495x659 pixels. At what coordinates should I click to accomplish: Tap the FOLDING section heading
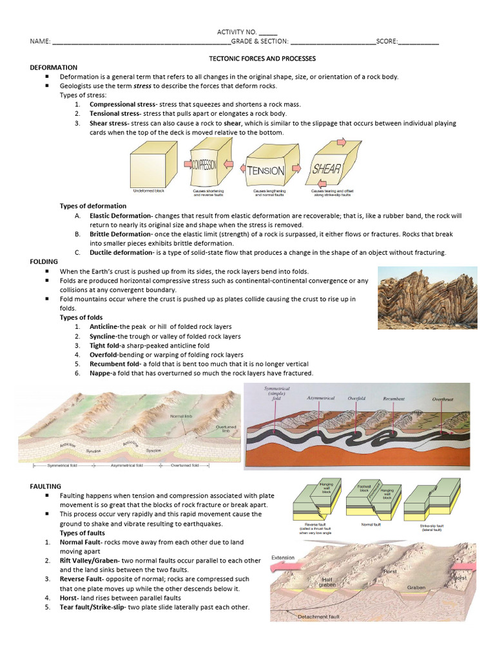tap(44, 262)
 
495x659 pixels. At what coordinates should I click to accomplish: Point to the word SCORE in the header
tap(387, 41)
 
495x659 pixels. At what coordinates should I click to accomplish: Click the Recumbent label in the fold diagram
tap(394, 398)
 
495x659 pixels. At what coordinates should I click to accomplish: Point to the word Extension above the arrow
tap(284, 557)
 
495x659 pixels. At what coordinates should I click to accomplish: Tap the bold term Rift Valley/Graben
tap(92, 561)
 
